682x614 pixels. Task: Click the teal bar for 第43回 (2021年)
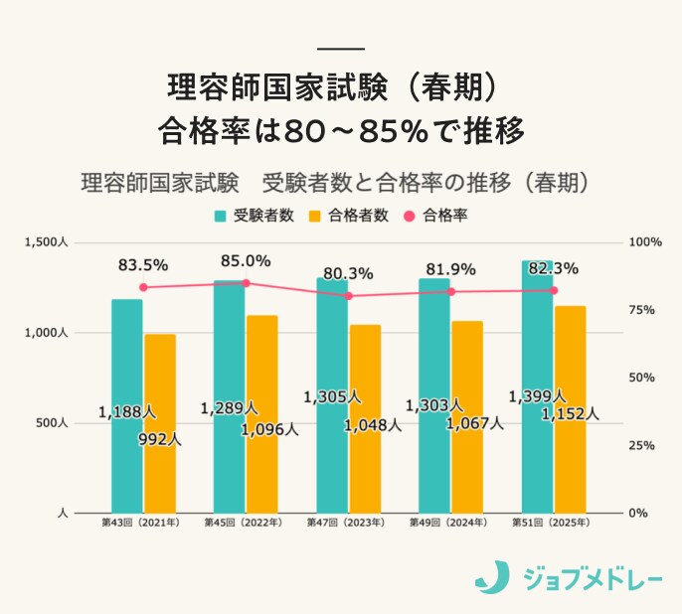(x=127, y=397)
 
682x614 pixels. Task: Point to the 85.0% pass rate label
(x=246, y=261)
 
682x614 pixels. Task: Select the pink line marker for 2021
(x=143, y=287)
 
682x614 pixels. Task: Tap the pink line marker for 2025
(x=554, y=290)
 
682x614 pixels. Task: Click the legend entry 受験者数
(x=254, y=216)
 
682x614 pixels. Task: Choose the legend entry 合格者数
(x=349, y=216)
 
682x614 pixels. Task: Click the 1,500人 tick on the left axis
(x=47, y=242)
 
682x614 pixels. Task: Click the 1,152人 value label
(x=570, y=413)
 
